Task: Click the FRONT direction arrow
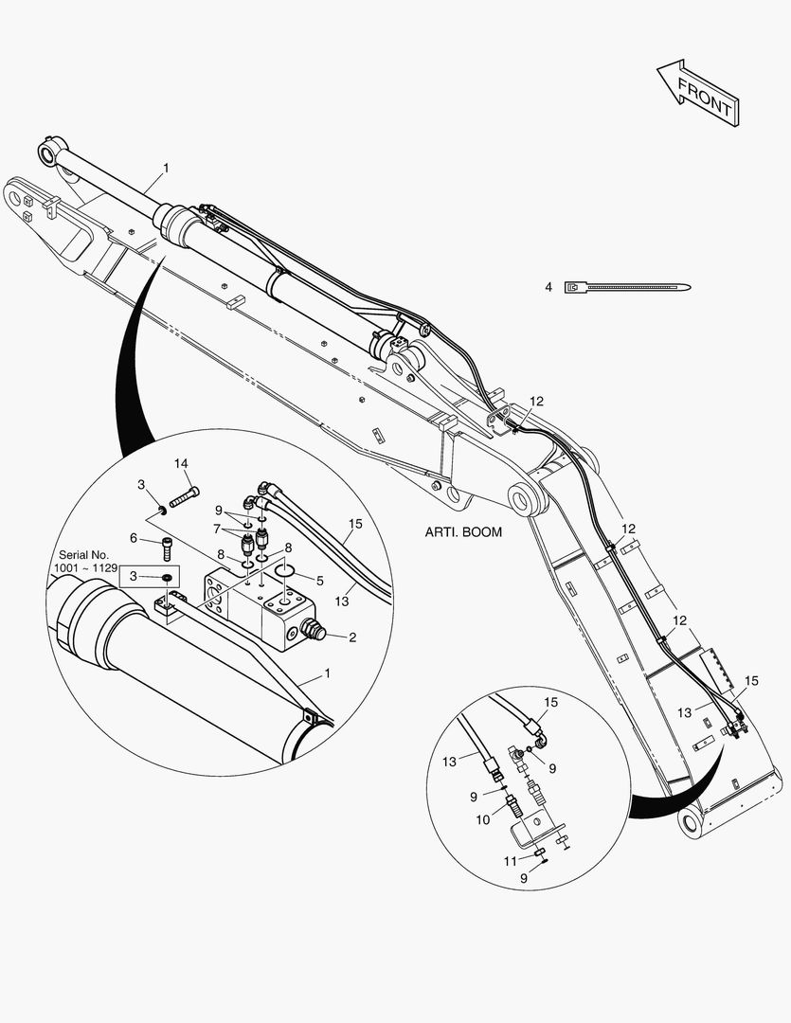pyautogui.click(x=697, y=93)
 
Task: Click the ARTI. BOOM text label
pyautogui.click(x=463, y=532)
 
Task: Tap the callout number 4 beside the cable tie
pyautogui.click(x=548, y=287)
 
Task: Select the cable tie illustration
pyautogui.click(x=628, y=287)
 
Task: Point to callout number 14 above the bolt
pyautogui.click(x=181, y=463)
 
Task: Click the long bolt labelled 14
pyautogui.click(x=184, y=497)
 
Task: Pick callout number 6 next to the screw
pyautogui.click(x=134, y=538)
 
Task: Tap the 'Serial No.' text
pyautogui.click(x=83, y=555)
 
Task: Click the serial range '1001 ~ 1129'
pyautogui.click(x=85, y=568)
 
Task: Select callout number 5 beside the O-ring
pyautogui.click(x=320, y=581)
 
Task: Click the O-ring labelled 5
pyautogui.click(x=285, y=570)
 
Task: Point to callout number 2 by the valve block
pyautogui.click(x=352, y=637)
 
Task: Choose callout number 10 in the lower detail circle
pyautogui.click(x=482, y=819)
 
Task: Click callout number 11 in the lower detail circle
pyautogui.click(x=511, y=862)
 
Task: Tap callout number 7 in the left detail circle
pyautogui.click(x=217, y=529)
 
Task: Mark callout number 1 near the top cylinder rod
pyautogui.click(x=166, y=169)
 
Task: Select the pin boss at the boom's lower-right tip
pyautogui.click(x=691, y=823)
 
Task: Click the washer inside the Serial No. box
pyautogui.click(x=167, y=577)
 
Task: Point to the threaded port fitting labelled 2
pyautogui.click(x=315, y=631)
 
